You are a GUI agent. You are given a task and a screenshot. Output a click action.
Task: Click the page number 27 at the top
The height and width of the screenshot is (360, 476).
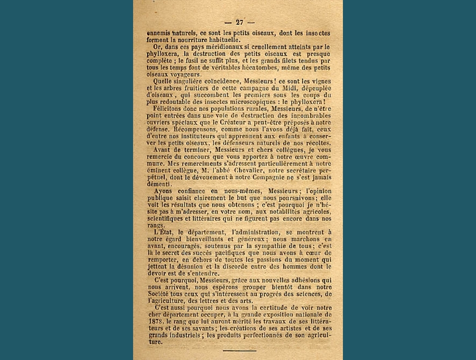pyautogui.click(x=239, y=22)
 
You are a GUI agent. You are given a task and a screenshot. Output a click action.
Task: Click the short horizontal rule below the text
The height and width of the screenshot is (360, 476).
pyautogui.click(x=239, y=351)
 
